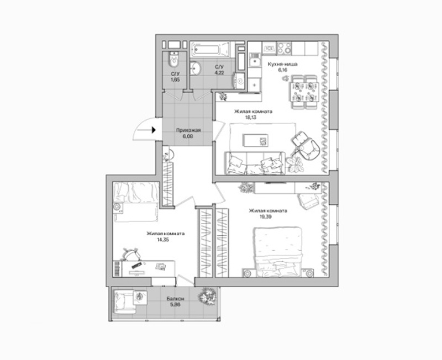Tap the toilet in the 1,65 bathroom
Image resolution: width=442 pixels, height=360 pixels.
pyautogui.click(x=174, y=59)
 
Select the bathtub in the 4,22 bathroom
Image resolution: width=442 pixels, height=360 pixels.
pyautogui.click(x=210, y=50)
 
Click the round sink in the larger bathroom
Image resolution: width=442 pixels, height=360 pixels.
pyautogui.click(x=195, y=68)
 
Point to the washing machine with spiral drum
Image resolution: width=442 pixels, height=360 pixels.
pyautogui.click(x=240, y=81)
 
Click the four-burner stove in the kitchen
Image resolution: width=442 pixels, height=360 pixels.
pyautogui.click(x=284, y=48)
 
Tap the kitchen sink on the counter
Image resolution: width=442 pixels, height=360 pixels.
pyautogui.click(x=255, y=61)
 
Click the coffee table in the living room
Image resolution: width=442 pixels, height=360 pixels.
pyautogui.click(x=256, y=140)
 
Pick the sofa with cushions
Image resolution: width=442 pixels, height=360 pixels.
pyautogui.click(x=255, y=163)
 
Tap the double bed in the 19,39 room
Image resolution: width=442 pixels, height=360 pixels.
pyautogui.click(x=278, y=252)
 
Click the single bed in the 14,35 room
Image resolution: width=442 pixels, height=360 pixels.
pyautogui.click(x=135, y=202)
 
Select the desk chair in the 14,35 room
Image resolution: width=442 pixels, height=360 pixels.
pyautogui.click(x=131, y=255)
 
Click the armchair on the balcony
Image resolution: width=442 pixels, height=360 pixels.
pyautogui.click(x=124, y=301)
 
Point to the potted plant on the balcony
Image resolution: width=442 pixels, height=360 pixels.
pyautogui.click(x=208, y=297)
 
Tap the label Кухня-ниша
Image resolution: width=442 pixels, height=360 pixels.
pyautogui.click(x=282, y=64)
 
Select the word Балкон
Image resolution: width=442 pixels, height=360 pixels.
pyautogui.click(x=175, y=299)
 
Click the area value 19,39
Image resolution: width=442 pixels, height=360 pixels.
pyautogui.click(x=265, y=217)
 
